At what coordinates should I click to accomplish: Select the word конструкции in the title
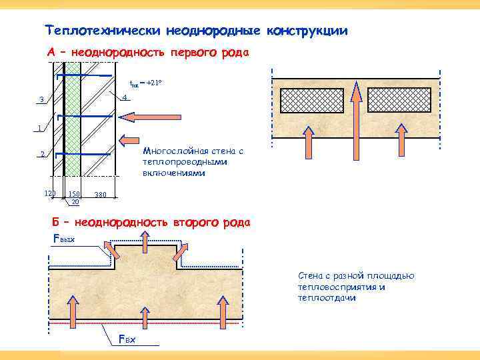(x=307, y=31)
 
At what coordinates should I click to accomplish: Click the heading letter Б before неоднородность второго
(x=55, y=222)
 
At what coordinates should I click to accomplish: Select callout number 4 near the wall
(x=125, y=99)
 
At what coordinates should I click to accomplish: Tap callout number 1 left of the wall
(x=41, y=128)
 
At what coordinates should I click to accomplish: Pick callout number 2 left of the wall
(x=41, y=155)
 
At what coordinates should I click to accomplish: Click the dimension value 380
(x=101, y=195)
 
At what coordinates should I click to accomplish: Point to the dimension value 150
(x=74, y=194)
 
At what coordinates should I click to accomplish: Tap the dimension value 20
(x=75, y=201)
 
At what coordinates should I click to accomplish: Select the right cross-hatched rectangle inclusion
(x=399, y=100)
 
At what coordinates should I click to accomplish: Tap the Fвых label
(x=64, y=238)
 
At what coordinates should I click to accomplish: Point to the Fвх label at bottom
(x=127, y=340)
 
